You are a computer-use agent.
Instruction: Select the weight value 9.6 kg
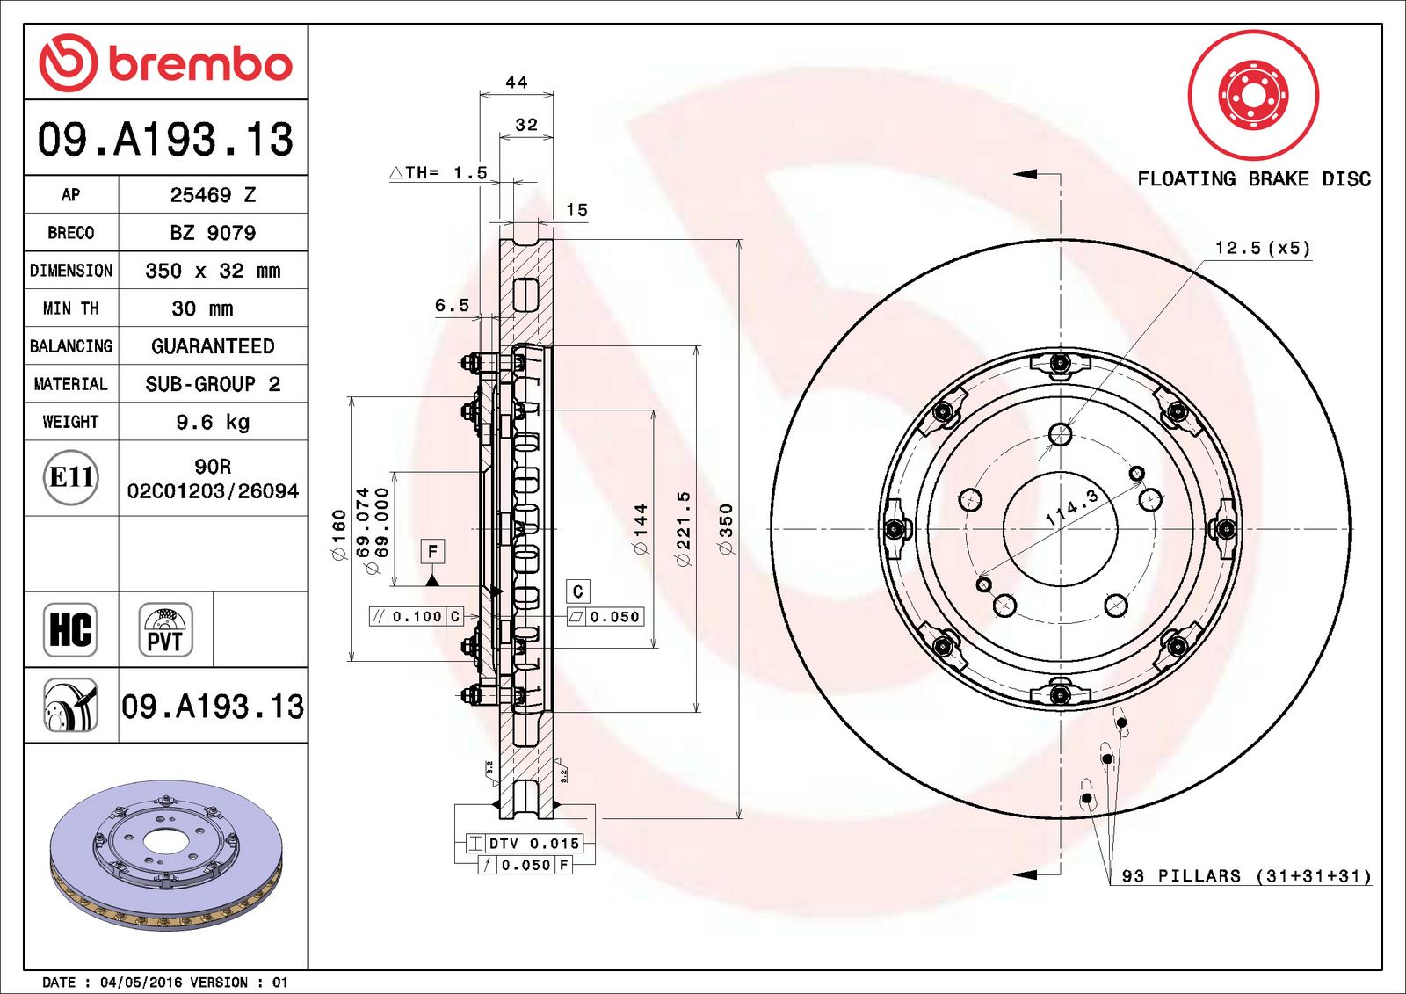point(213,422)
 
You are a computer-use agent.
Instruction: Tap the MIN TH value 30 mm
point(202,308)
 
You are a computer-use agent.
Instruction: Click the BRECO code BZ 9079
point(213,233)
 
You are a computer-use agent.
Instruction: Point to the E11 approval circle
point(71,477)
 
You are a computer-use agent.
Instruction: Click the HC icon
point(70,630)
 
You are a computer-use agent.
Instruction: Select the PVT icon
point(165,630)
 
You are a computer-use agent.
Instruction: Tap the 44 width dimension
point(517,83)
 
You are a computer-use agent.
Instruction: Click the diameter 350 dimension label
point(726,529)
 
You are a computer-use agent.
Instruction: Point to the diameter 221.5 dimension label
point(684,529)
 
